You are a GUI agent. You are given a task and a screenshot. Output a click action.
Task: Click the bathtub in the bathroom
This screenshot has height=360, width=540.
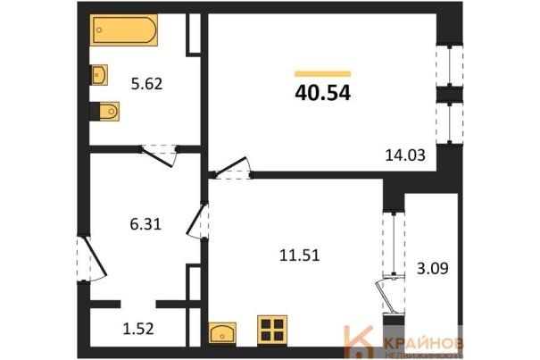pos(124,30)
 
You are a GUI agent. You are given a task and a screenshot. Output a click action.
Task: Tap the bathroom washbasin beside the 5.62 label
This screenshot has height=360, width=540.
pos(99,74)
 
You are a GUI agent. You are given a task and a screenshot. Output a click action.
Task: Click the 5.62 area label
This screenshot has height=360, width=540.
pos(146,84)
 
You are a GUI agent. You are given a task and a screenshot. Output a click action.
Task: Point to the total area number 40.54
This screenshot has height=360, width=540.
pos(323,93)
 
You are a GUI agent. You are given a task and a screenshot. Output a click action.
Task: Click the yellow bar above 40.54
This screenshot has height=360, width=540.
pos(323,74)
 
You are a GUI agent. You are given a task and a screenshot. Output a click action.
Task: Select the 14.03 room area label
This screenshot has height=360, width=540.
pos(405,155)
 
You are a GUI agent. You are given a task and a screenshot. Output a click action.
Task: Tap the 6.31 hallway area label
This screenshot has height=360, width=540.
pos(145,224)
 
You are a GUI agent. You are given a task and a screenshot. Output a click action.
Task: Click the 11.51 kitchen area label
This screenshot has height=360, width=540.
pos(300,255)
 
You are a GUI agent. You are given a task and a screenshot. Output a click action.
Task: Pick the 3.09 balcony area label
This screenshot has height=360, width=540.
pos(433,268)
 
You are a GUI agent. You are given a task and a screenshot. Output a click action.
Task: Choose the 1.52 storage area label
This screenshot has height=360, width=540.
pos(138,329)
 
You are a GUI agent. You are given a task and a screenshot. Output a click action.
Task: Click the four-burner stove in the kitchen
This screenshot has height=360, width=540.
pos(272,330)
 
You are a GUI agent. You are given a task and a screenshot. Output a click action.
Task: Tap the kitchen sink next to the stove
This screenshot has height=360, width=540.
pos(222,333)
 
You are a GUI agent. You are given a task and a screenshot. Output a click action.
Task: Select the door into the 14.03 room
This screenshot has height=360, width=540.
pos(232,168)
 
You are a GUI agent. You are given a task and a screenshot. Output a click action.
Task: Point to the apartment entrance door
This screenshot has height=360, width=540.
pos(93,258)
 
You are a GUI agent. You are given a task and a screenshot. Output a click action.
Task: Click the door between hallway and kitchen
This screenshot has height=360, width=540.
pos(196,221)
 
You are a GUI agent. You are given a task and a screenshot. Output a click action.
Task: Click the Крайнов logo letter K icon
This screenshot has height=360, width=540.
pos(359,342)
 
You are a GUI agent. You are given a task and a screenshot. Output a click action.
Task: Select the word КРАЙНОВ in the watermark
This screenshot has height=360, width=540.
pos(424,343)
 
